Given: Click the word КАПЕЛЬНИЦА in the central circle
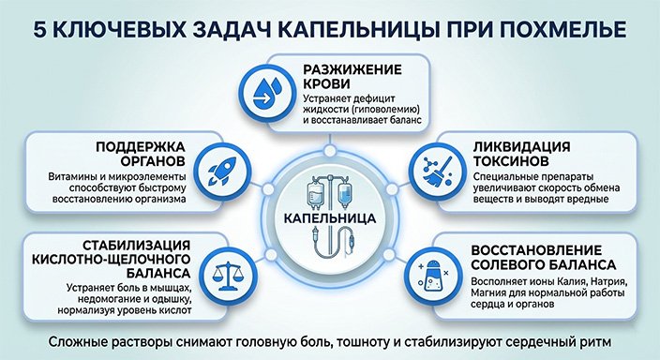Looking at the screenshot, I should (329, 218).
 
